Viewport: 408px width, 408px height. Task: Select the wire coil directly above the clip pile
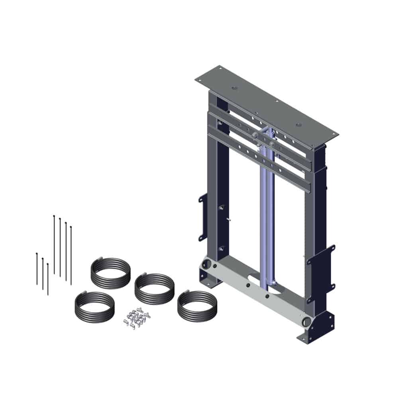coord(155,288)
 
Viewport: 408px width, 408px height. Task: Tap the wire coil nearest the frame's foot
coord(197,306)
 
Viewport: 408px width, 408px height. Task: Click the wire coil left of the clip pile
coord(94,307)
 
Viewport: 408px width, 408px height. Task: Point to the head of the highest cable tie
coord(54,216)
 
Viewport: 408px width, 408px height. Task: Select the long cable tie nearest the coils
coord(71,255)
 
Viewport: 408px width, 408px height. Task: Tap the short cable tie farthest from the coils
coord(37,269)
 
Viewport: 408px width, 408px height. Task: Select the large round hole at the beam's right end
coord(306,321)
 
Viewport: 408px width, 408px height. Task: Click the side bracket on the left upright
coord(203,217)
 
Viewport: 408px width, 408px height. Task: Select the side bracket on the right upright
coord(321,267)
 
